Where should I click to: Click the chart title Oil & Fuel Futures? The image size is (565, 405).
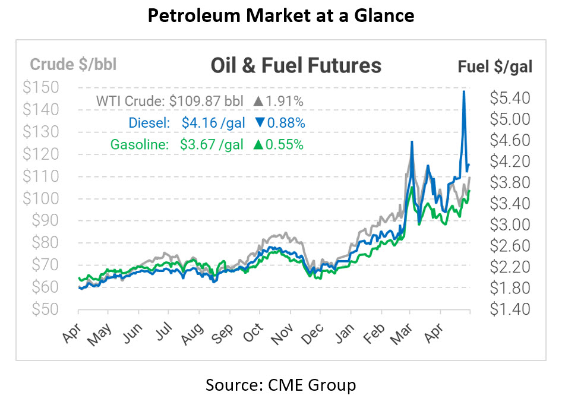pos(296,65)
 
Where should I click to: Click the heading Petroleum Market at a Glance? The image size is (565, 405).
pos(281,16)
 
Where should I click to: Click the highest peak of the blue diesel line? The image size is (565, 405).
pos(463,91)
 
